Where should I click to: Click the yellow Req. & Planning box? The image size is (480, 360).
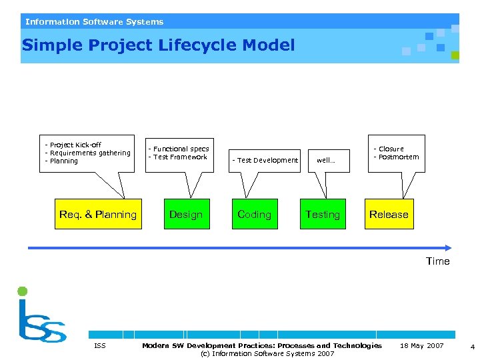(x=98, y=214)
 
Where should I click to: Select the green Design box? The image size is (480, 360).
(x=186, y=214)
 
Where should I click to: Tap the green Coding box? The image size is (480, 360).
(x=255, y=214)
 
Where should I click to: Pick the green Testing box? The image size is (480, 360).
(x=323, y=214)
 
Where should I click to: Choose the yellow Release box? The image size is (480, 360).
(x=389, y=214)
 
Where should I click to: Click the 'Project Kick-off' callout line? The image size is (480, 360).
(x=73, y=145)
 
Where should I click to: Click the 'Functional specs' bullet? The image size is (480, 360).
(x=179, y=149)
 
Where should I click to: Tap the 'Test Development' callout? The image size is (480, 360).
(x=265, y=160)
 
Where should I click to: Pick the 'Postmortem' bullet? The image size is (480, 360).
(x=397, y=157)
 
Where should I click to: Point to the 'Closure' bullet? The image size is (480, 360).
(x=389, y=149)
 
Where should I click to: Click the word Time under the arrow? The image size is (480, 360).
(x=438, y=261)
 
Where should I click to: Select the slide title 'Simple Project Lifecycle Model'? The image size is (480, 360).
(x=158, y=45)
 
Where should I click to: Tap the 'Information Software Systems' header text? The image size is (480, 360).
(x=94, y=22)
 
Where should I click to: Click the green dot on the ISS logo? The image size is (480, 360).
(x=22, y=291)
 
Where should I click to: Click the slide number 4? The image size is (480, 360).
(x=472, y=347)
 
